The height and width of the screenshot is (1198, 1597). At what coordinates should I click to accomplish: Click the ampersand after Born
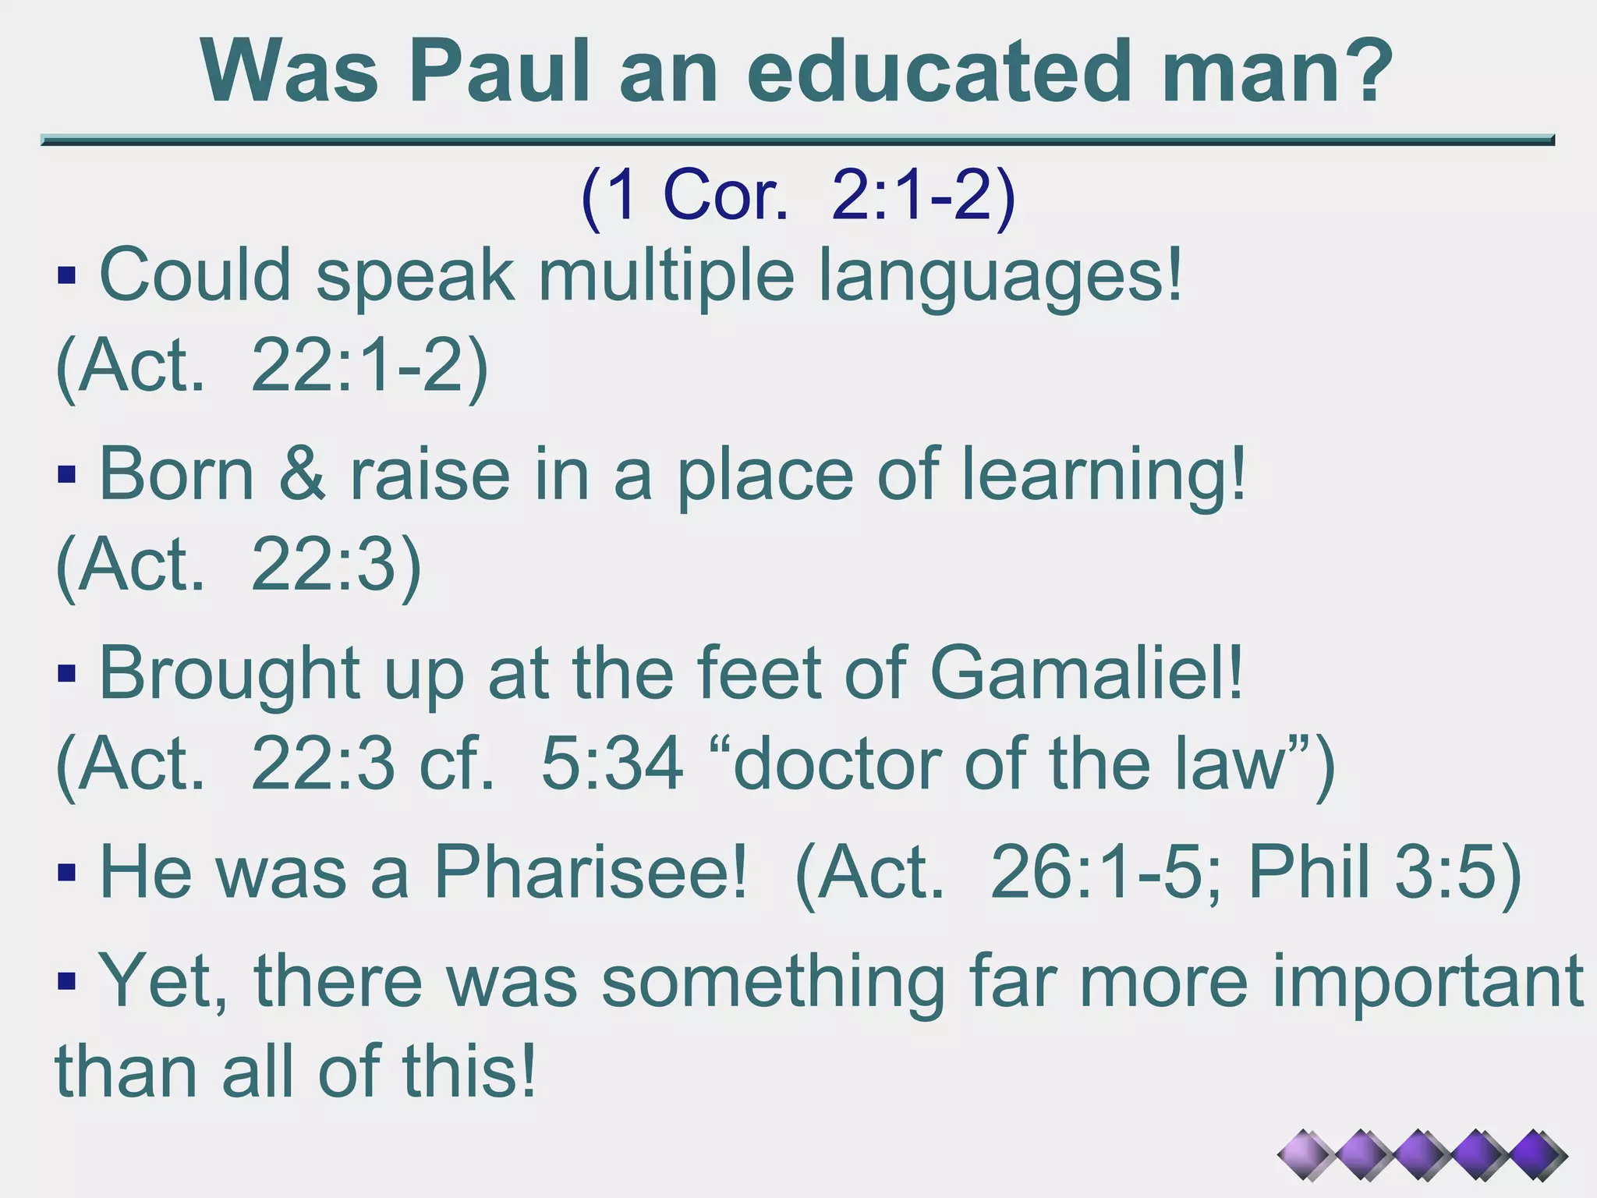(302, 475)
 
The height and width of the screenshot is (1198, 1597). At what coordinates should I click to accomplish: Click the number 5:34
(612, 764)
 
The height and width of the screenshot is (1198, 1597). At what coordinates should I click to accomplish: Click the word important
(1427, 983)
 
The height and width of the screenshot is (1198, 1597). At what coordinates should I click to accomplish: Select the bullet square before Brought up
(67, 673)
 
